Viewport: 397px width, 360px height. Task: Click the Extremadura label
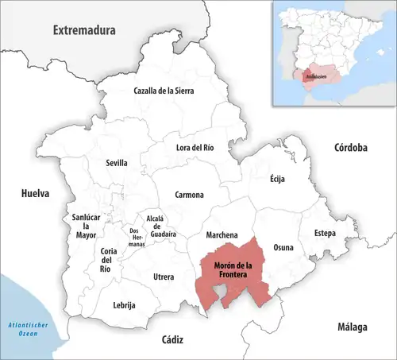point(83,30)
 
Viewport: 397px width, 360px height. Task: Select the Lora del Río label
point(195,147)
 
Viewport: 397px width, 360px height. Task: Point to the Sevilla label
point(117,163)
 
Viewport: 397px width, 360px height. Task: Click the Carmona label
point(190,195)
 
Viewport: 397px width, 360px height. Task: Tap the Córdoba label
point(350,148)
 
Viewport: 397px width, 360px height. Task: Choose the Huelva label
point(35,193)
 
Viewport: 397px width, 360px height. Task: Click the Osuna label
point(283,247)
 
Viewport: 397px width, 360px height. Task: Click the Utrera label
point(164,277)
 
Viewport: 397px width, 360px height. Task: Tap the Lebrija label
point(125,305)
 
